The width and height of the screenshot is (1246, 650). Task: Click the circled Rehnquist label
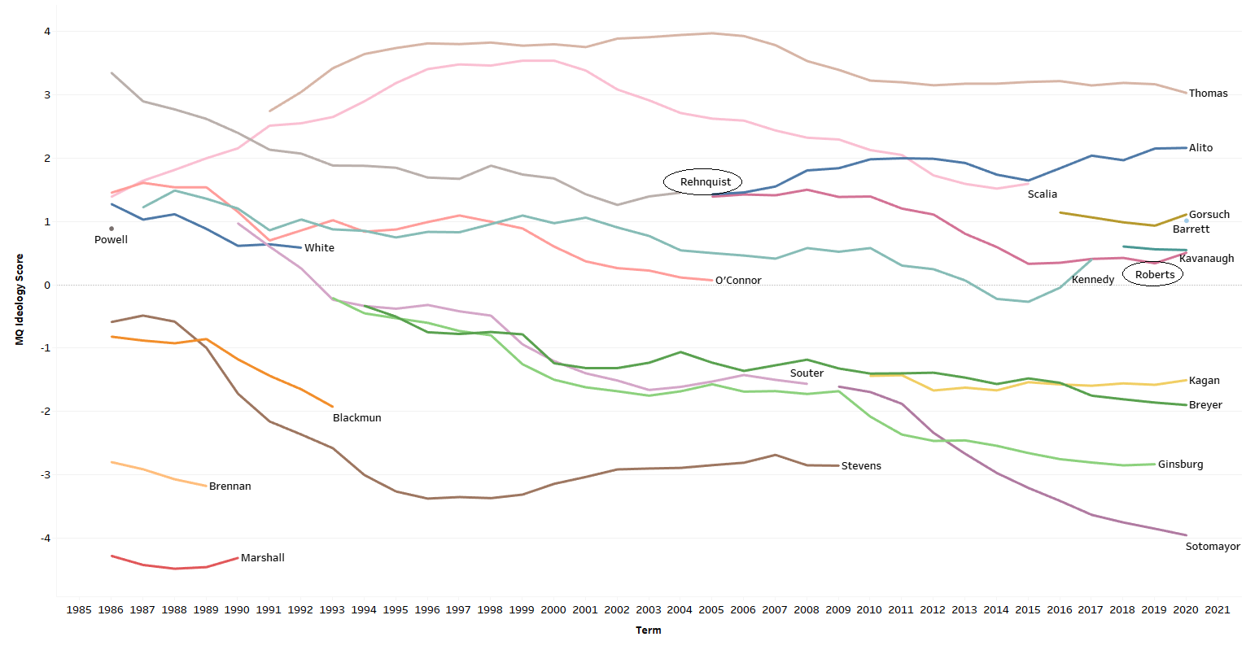(x=705, y=182)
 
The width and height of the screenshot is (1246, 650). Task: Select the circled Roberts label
(x=1154, y=275)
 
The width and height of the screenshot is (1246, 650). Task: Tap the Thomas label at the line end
(x=1208, y=94)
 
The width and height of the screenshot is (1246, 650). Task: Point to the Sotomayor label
(x=1212, y=547)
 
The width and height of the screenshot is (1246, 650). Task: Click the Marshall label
(x=262, y=558)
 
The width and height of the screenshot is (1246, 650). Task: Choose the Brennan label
(x=230, y=486)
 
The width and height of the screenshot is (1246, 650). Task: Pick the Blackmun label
(x=356, y=418)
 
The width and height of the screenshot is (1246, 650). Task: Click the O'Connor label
(x=738, y=281)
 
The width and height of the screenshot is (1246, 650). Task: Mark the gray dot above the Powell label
(x=111, y=229)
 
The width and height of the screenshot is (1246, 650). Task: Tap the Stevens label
(x=861, y=466)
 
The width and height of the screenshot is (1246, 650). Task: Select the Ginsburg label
(x=1180, y=465)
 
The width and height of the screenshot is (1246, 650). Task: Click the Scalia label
(x=1042, y=194)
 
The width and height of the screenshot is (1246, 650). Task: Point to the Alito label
(x=1200, y=148)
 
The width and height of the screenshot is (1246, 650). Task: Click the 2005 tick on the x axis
(x=711, y=610)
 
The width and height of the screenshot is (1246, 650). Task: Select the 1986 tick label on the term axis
(x=111, y=610)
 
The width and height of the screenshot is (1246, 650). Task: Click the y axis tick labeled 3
(x=47, y=95)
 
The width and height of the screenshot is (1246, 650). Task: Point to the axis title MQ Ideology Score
(x=20, y=299)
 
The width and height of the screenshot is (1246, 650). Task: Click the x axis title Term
(x=648, y=630)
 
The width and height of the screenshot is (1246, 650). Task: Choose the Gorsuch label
(x=1209, y=215)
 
